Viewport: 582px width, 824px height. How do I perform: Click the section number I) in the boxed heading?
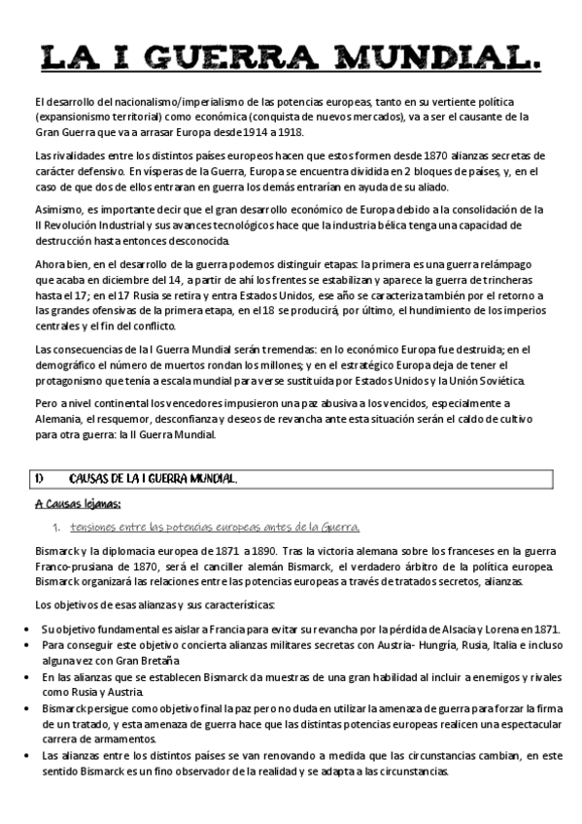(x=39, y=479)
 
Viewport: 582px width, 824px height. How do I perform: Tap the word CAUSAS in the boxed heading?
(x=93, y=479)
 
